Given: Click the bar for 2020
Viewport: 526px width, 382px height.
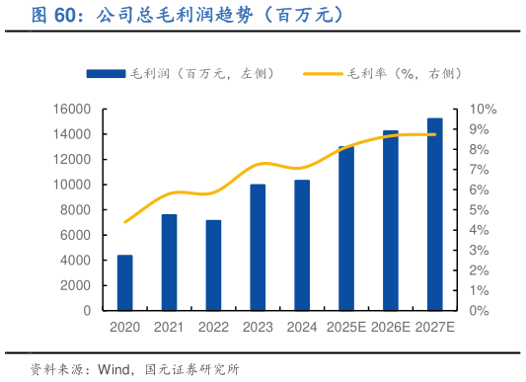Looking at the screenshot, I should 124,282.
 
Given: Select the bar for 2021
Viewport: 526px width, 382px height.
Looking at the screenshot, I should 169,262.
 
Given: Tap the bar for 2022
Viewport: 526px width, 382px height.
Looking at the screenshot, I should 213,265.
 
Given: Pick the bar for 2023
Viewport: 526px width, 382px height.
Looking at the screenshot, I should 258,247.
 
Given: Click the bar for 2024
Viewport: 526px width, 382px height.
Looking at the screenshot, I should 302,245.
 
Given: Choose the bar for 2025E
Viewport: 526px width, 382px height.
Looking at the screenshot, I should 346,228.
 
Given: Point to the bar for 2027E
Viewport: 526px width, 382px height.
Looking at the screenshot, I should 434,214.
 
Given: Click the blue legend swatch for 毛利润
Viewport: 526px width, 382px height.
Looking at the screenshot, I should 107,75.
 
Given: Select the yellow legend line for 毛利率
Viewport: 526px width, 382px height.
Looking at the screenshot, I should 324,75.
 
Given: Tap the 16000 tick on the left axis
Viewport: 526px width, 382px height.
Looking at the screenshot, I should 74,109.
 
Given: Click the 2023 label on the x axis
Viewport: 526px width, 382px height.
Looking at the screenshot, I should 258,328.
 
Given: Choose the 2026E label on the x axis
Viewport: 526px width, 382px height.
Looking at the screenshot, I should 391,328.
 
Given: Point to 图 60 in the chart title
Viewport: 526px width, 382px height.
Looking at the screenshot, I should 49,16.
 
